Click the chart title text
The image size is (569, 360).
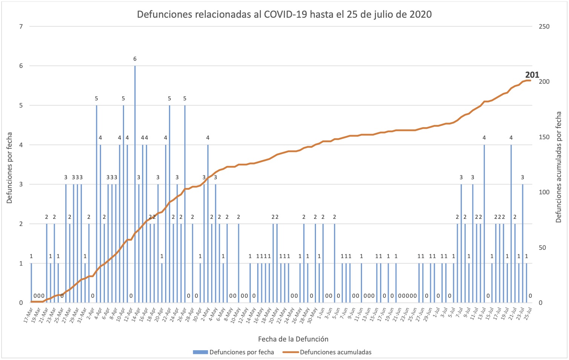point(284,14)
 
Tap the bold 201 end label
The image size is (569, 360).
point(532,75)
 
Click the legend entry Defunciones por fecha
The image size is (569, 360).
point(234,352)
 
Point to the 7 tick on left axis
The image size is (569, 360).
point(21,26)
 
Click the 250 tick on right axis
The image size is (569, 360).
point(544,26)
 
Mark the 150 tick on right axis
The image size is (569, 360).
point(544,137)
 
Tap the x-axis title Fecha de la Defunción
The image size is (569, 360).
point(293,339)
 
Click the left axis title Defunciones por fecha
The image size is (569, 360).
point(9,168)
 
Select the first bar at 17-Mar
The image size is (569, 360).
point(31,283)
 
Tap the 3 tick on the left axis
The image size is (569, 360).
point(21,185)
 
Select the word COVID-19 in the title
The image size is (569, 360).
point(285,14)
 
